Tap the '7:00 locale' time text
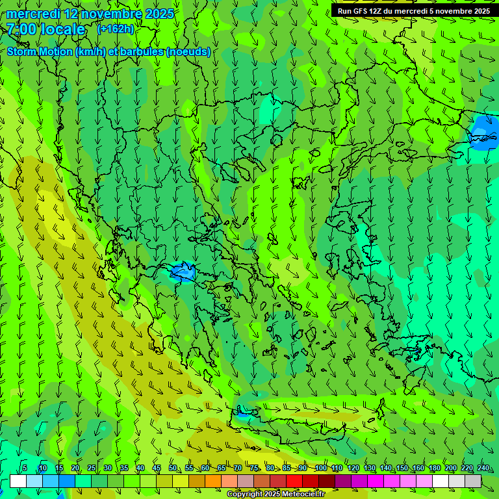coord(46,29)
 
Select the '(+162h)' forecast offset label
coord(115,29)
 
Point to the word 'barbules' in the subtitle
coord(142,52)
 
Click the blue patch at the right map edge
coord(485,133)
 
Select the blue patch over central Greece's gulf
coord(183,272)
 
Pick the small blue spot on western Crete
coord(242,412)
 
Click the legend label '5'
coord(25,468)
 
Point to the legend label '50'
coord(172,468)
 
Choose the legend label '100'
coord(320,468)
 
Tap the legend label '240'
coord(483,468)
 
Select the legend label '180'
coord(434,468)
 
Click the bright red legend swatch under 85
coord(294,481)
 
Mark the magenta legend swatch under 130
coord(376,481)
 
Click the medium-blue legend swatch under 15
coord(67,481)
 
